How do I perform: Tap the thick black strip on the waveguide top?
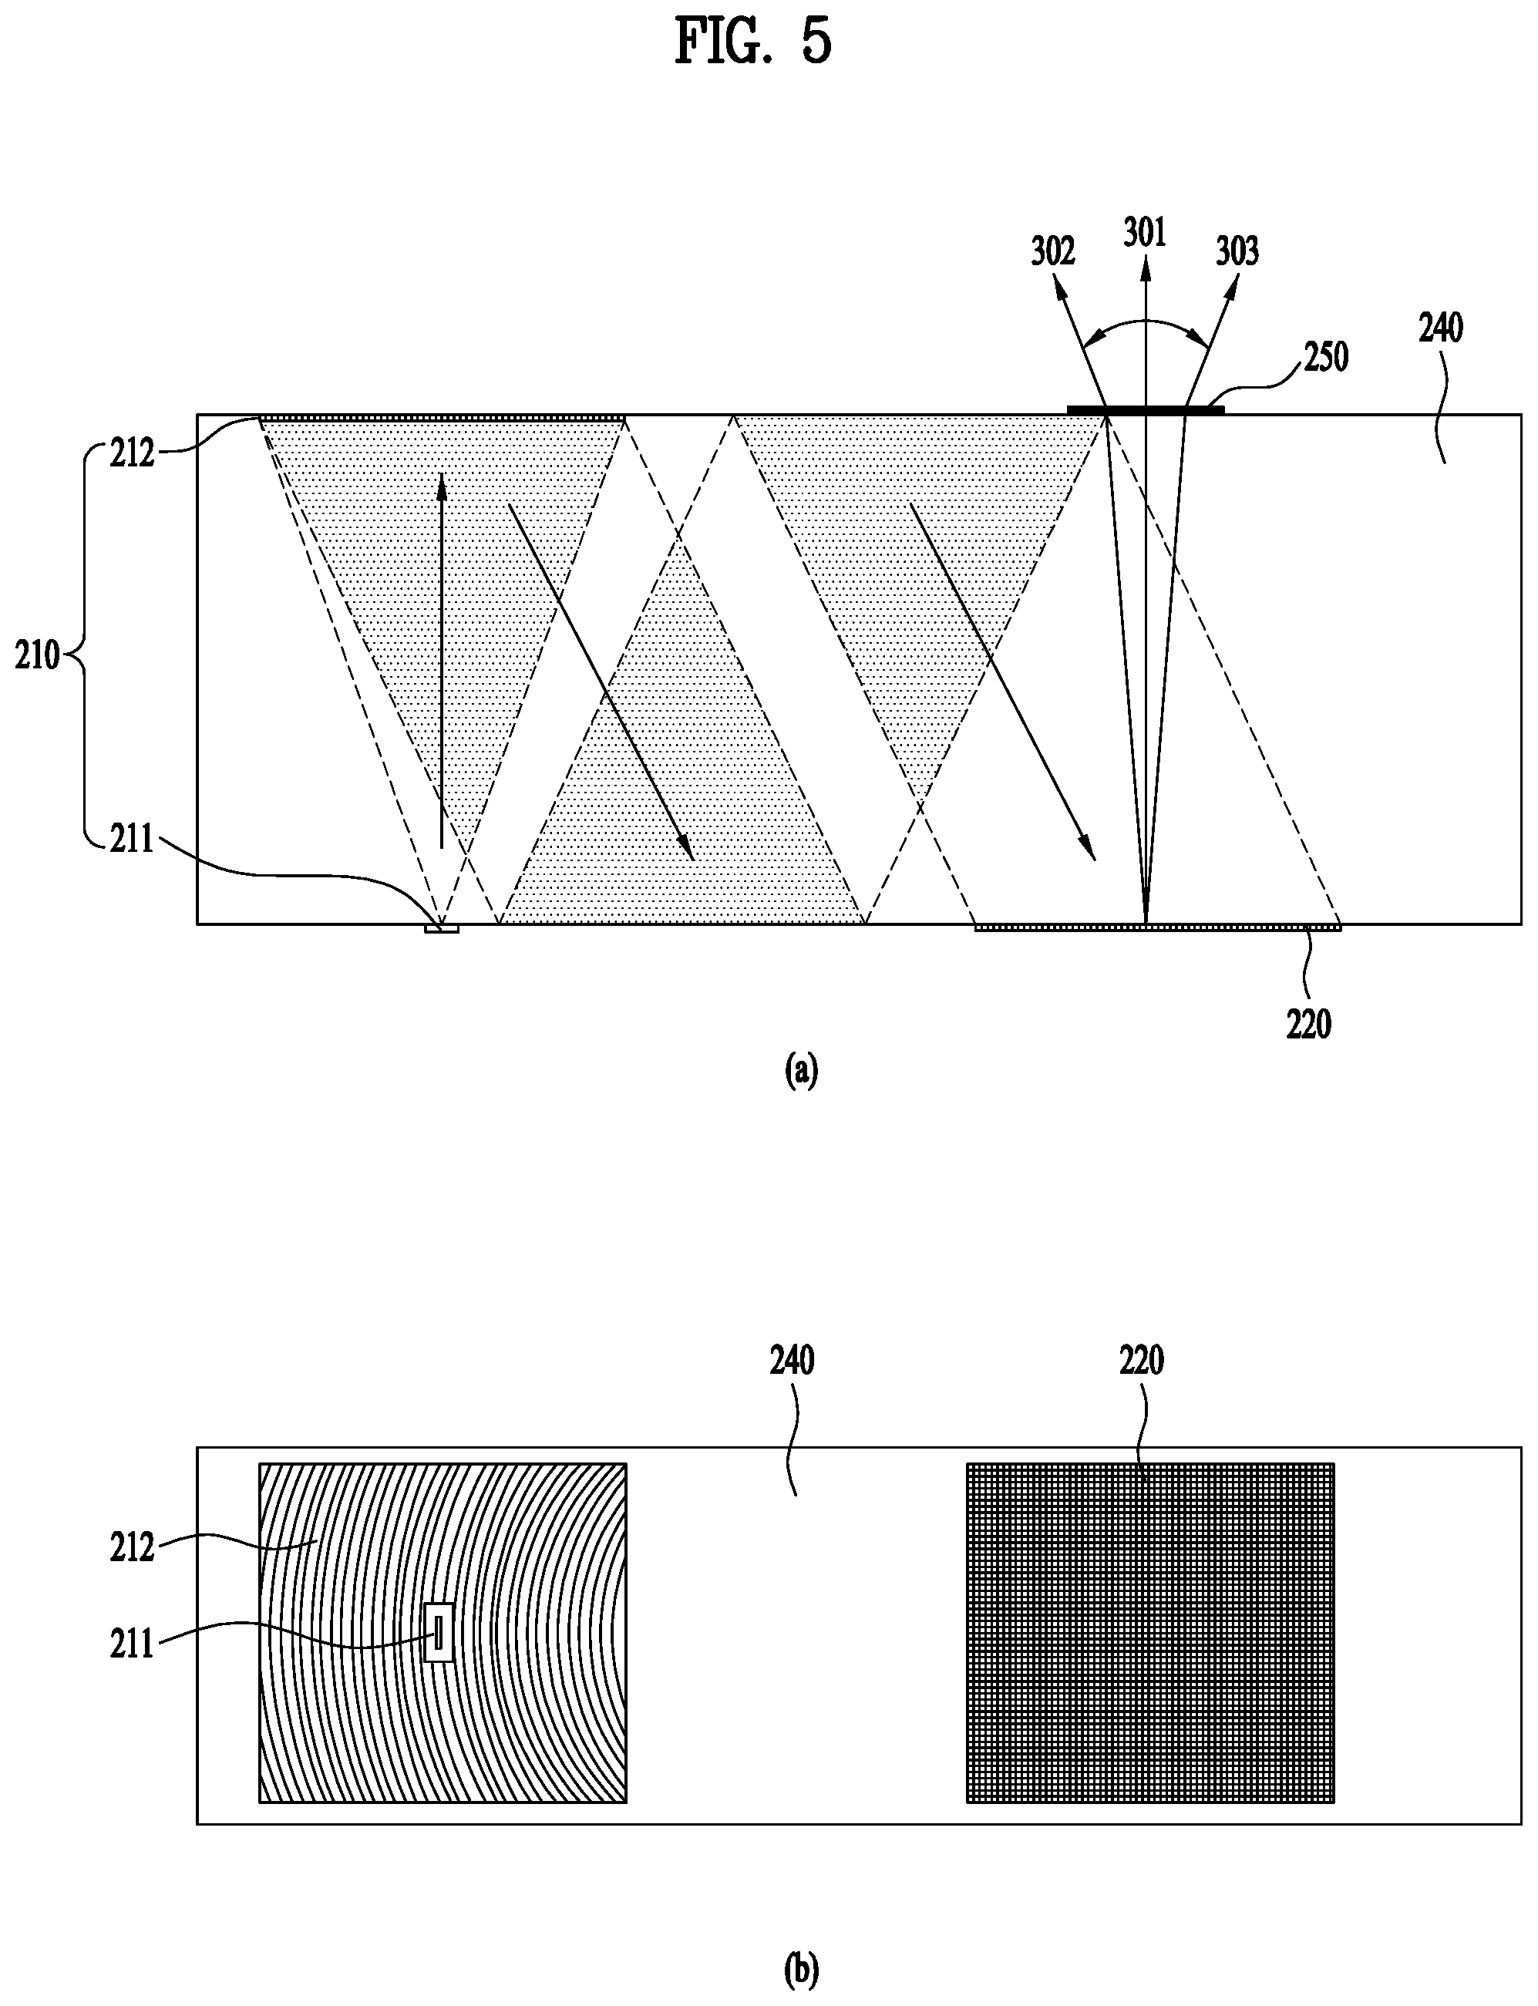point(1146,409)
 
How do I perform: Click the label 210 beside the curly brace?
point(37,655)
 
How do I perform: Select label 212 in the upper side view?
point(132,453)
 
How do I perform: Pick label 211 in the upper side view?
point(132,839)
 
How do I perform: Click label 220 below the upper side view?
point(1308,1025)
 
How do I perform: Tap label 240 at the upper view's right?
point(1440,328)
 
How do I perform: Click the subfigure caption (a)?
point(801,1070)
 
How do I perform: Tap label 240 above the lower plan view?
point(791,1361)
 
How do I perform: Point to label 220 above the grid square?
point(1141,1361)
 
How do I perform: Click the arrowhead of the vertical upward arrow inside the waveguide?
point(441,483)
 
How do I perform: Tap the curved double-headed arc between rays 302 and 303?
point(1144,322)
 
